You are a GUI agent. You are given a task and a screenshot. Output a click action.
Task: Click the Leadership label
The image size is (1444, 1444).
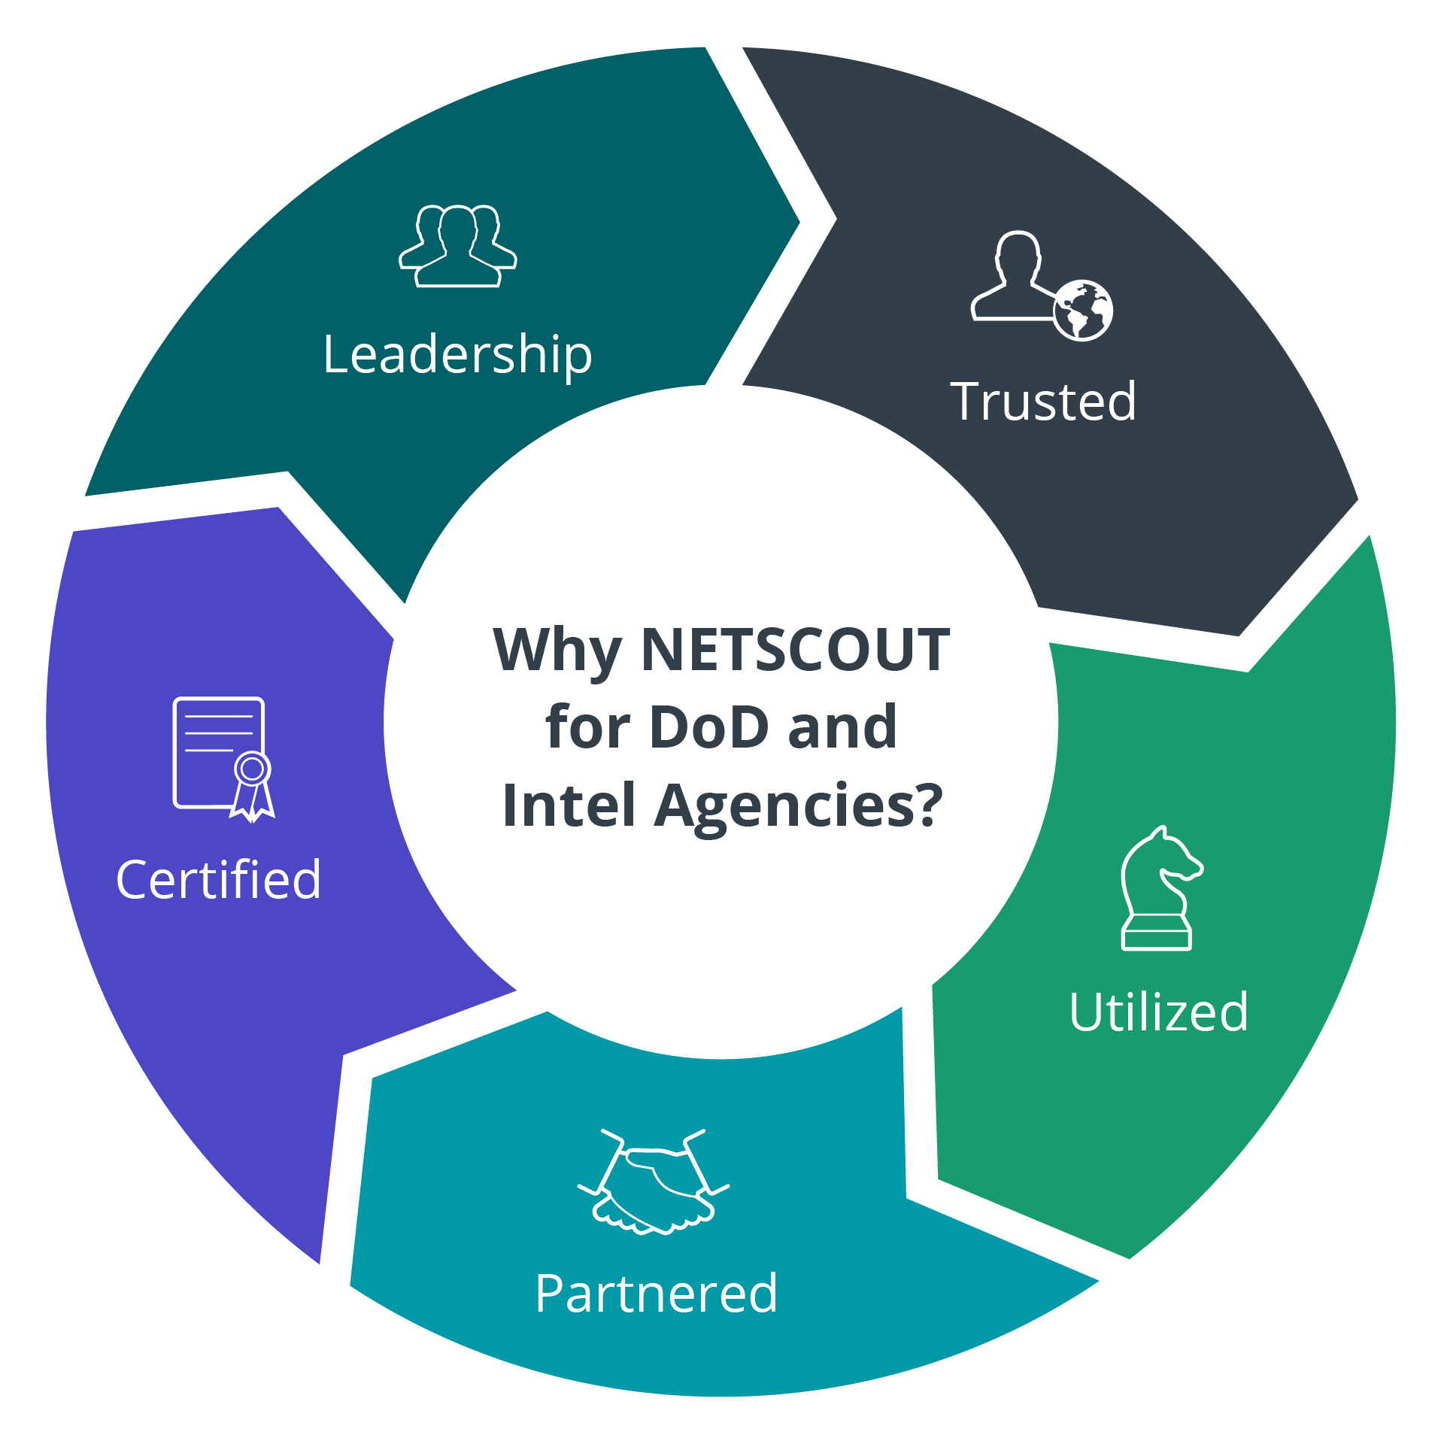click(x=457, y=354)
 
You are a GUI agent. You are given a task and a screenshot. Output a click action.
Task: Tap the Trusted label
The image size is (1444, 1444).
click(x=1043, y=402)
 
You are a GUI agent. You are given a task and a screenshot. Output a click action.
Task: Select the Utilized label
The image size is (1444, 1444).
click(x=1158, y=1012)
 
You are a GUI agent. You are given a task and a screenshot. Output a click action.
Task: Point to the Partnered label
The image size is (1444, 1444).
click(x=656, y=1294)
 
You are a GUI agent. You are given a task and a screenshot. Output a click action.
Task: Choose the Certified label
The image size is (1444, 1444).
click(x=218, y=879)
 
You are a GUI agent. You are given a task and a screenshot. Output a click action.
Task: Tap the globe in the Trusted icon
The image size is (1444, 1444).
click(x=1082, y=311)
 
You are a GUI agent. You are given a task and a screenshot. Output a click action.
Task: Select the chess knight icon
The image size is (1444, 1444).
click(x=1159, y=887)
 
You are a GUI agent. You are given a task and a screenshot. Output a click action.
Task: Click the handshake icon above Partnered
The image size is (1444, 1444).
click(x=653, y=1182)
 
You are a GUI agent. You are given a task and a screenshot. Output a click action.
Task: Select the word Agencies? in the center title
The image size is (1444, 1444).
click(x=798, y=805)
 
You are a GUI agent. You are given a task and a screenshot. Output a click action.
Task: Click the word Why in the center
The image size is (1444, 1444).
click(x=557, y=651)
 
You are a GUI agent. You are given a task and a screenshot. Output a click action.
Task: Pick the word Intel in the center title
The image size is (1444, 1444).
click(x=569, y=805)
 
